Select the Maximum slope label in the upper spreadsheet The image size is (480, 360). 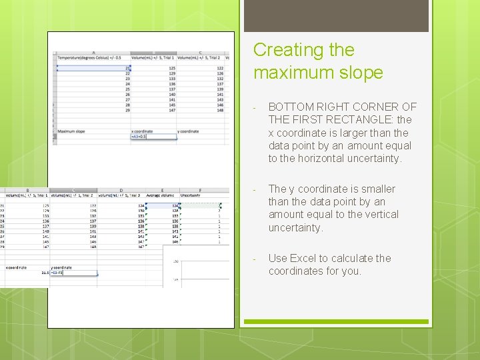[71, 131]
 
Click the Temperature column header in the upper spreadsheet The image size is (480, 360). [93, 58]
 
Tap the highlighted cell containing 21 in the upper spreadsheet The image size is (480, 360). [93, 68]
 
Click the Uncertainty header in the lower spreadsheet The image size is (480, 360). [191, 195]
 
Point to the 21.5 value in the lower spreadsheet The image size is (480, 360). [45, 273]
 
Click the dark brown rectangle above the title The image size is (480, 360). [336, 16]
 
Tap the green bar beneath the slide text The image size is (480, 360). [336, 322]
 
